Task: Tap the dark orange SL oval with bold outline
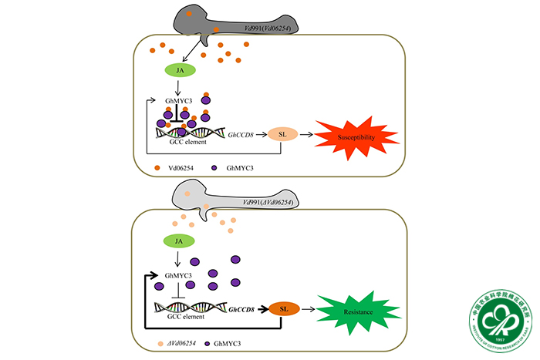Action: tap(283, 308)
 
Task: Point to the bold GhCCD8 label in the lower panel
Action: tap(243, 308)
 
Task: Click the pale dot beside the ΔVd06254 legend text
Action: tap(159, 340)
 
